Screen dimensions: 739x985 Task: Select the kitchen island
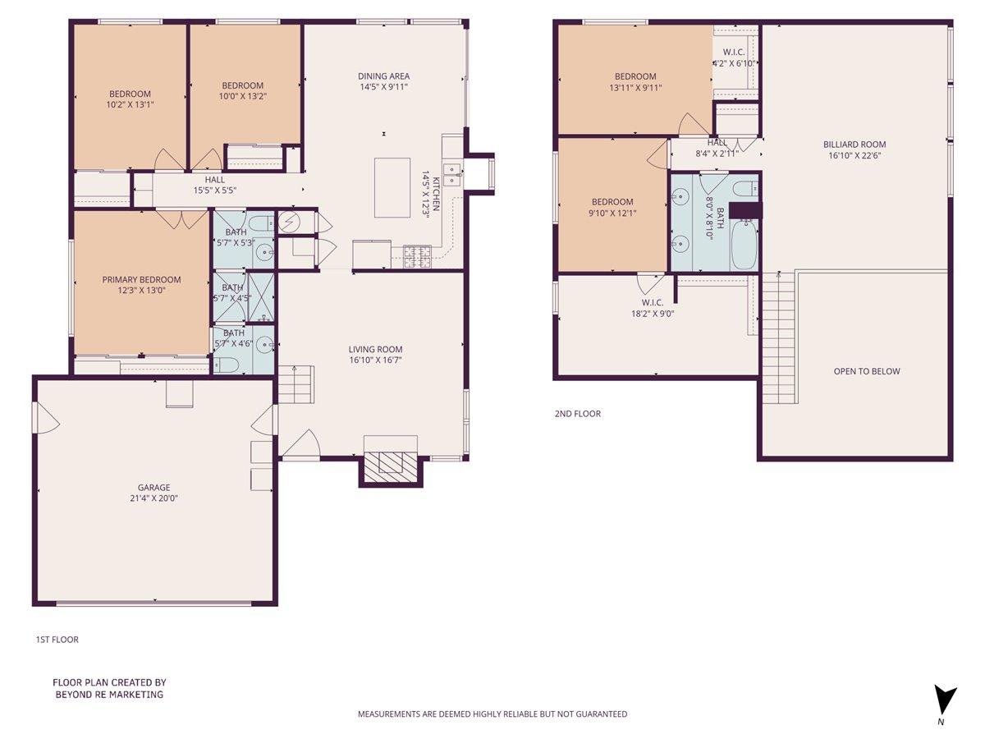(392, 187)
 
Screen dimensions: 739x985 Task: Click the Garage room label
(153, 488)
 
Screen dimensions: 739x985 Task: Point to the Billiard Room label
(854, 145)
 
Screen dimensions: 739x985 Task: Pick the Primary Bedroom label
(141, 280)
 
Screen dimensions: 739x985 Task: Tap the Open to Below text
(866, 371)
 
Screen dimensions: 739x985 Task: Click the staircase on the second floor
(778, 337)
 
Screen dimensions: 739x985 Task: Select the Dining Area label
(383, 76)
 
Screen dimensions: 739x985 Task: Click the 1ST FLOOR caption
(57, 640)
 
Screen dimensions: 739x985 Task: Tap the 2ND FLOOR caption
(577, 414)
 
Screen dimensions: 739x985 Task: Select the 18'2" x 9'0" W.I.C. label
(653, 313)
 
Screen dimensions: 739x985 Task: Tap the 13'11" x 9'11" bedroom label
(635, 87)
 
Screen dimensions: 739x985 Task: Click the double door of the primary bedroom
(182, 219)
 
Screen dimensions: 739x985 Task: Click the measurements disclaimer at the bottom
(492, 714)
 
